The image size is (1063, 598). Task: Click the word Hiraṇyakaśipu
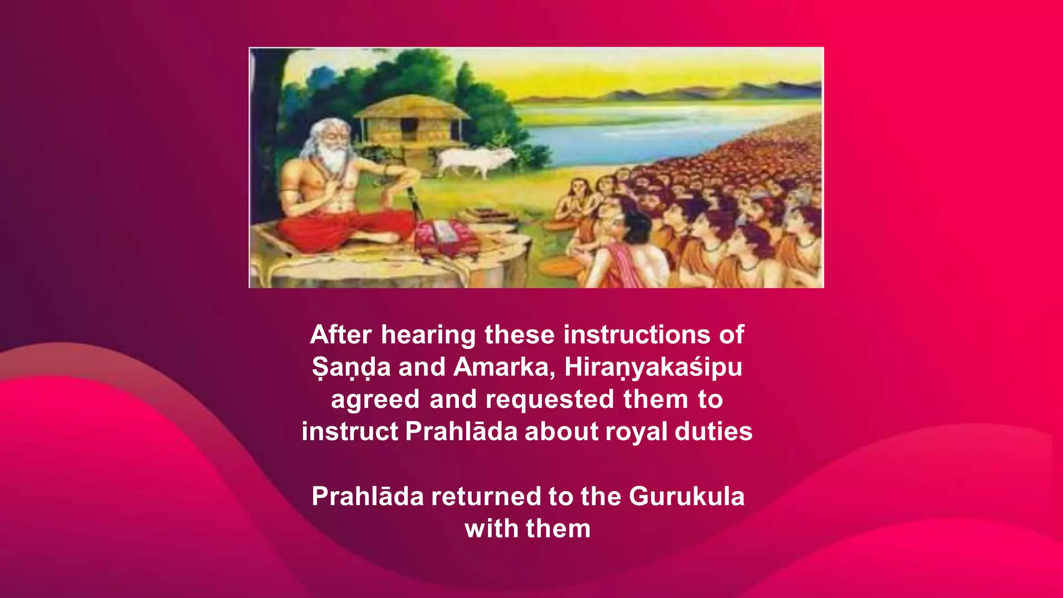click(653, 368)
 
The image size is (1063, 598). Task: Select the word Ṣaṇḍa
click(351, 368)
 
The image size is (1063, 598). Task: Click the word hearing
click(428, 335)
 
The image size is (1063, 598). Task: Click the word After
click(340, 335)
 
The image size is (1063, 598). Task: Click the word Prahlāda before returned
click(367, 497)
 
